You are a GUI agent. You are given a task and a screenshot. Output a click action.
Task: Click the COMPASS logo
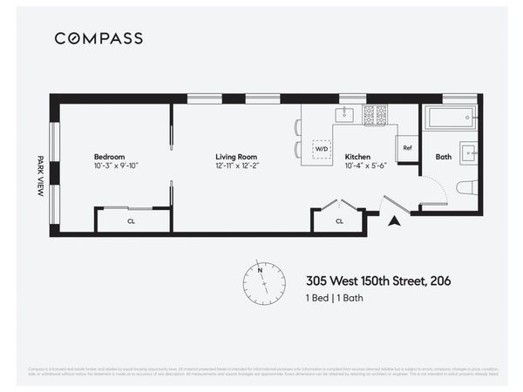click(98, 38)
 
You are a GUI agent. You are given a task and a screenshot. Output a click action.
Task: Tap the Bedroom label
click(110, 157)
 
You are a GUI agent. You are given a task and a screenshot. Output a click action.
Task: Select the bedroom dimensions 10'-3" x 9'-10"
click(117, 166)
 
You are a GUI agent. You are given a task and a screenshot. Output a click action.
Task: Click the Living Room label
click(235, 157)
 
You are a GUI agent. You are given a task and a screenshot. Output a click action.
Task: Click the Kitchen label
click(358, 157)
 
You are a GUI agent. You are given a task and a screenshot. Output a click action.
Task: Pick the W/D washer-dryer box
click(323, 149)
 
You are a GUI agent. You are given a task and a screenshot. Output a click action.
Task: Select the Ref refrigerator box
click(407, 148)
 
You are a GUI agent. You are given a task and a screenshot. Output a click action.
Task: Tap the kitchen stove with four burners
click(375, 113)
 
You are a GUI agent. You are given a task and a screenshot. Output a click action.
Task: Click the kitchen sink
click(344, 113)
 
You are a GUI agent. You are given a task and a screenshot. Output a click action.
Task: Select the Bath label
click(443, 157)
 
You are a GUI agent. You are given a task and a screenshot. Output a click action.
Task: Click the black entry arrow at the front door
click(394, 221)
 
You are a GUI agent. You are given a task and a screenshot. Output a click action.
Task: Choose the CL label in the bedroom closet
click(131, 221)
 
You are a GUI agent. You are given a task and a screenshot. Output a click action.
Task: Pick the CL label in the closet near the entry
click(339, 221)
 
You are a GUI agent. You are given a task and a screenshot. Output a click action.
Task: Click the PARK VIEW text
click(40, 176)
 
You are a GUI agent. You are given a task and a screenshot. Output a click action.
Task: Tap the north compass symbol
click(264, 281)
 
